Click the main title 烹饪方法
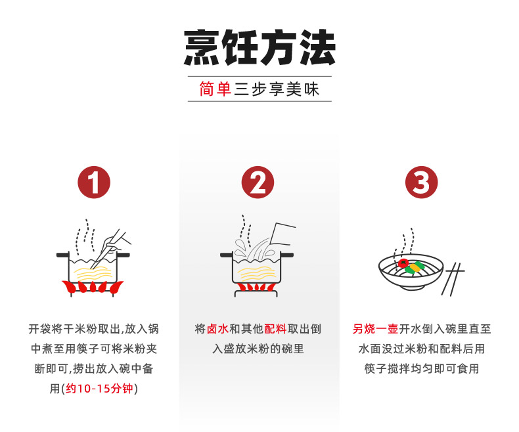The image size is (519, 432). (260, 47)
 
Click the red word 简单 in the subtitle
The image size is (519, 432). (215, 89)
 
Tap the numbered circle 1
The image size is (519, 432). (94, 183)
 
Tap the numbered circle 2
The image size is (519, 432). (258, 183)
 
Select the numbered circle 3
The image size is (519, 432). (421, 183)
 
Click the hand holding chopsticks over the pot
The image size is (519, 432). (114, 242)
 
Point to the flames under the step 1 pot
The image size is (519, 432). (93, 287)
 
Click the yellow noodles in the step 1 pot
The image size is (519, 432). (93, 273)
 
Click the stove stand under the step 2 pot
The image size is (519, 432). (256, 293)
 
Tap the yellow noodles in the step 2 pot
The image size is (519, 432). (257, 273)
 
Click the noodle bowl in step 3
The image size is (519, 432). (411, 272)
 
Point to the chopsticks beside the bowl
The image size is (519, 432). (453, 279)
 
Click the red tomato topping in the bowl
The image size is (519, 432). (403, 264)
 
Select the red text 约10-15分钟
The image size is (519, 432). (100, 388)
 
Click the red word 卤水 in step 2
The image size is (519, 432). (217, 329)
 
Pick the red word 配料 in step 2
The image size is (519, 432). (275, 329)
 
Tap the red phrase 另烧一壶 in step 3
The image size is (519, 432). (375, 329)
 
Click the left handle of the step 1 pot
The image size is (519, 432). (62, 255)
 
